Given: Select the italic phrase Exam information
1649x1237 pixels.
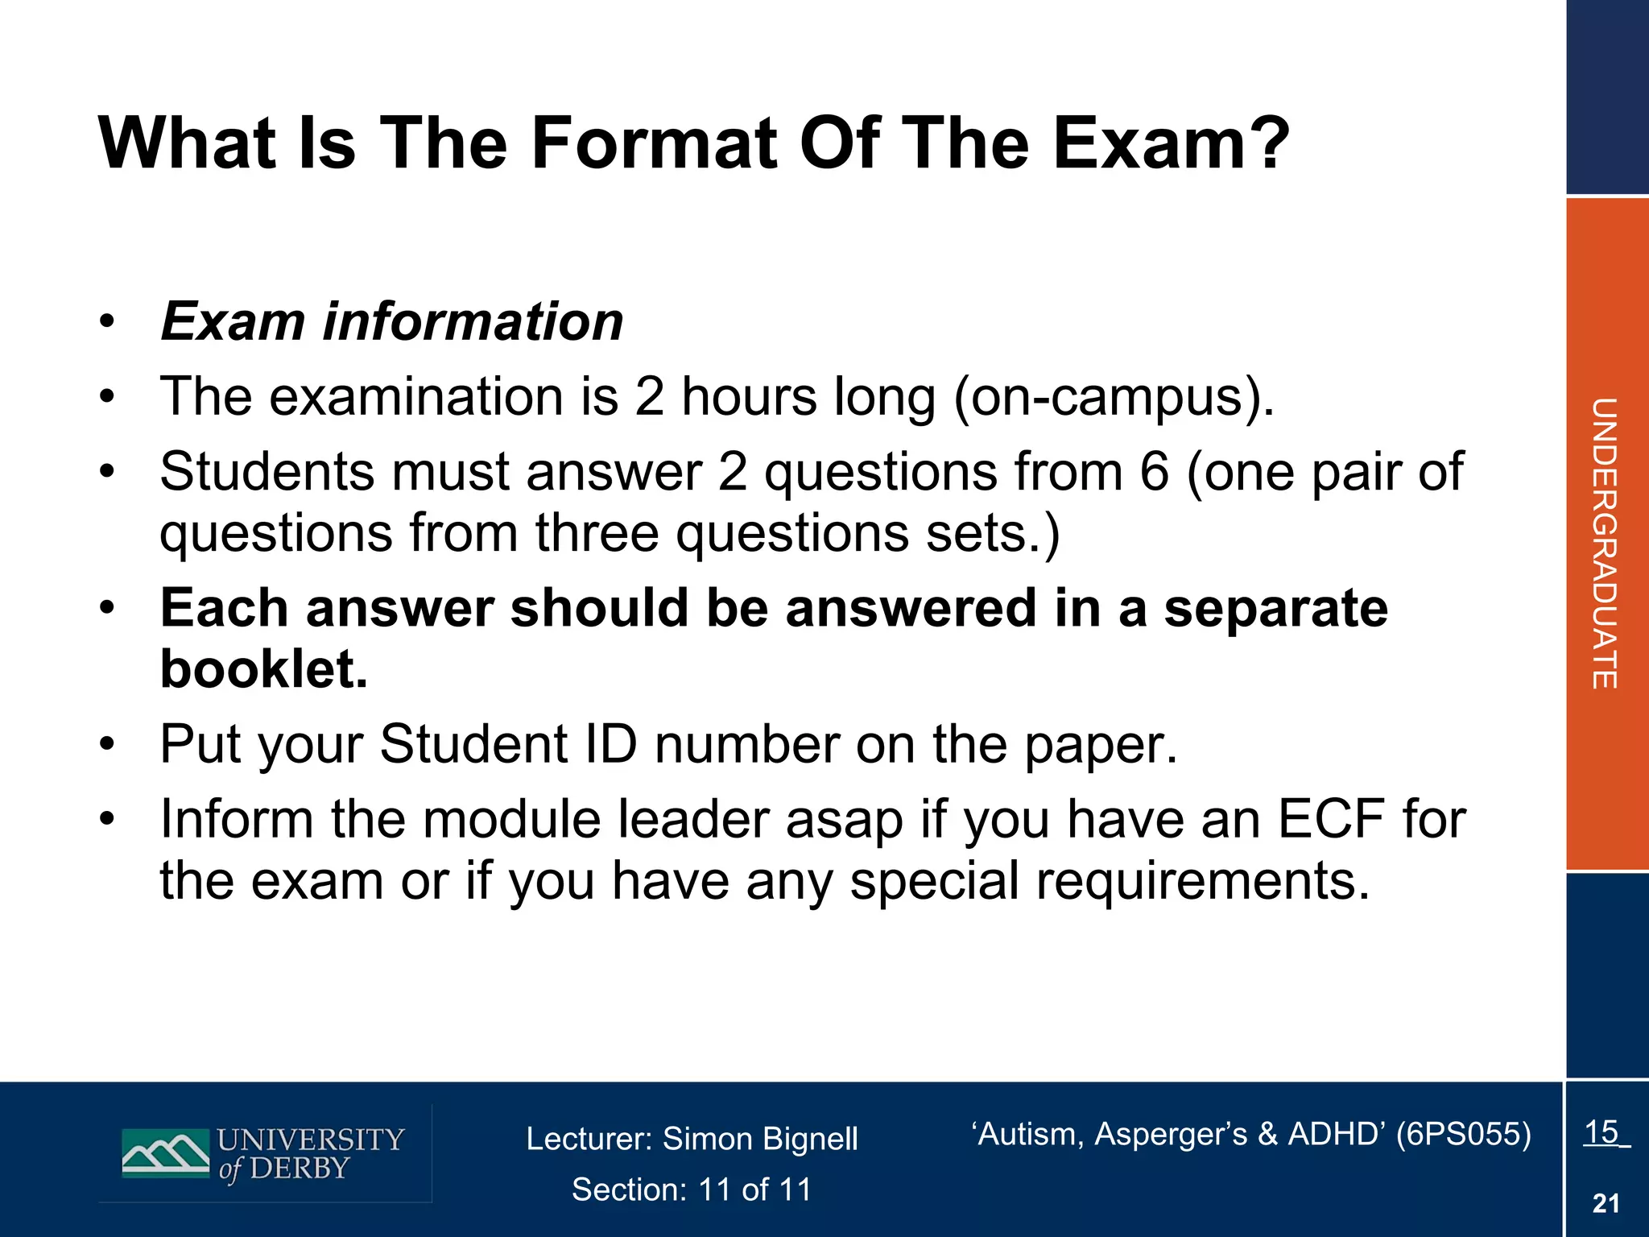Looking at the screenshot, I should (x=392, y=321).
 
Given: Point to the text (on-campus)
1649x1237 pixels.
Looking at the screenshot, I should (x=1114, y=398).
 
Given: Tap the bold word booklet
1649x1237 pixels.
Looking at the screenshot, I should (x=264, y=669).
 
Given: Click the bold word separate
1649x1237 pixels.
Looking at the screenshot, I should (x=1275, y=608).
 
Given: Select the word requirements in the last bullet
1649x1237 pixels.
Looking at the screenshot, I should (x=1202, y=880).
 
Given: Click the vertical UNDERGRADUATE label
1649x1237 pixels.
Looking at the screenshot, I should (x=1604, y=544).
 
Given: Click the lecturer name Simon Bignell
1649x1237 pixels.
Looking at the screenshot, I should (x=760, y=1139).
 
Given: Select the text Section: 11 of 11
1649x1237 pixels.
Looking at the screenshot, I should (x=692, y=1189).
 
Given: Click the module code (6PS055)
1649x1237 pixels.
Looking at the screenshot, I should (x=1463, y=1134).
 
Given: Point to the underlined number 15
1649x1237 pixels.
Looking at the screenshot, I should (x=1601, y=1132).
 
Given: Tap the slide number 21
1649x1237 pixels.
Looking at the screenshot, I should (x=1606, y=1203).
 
